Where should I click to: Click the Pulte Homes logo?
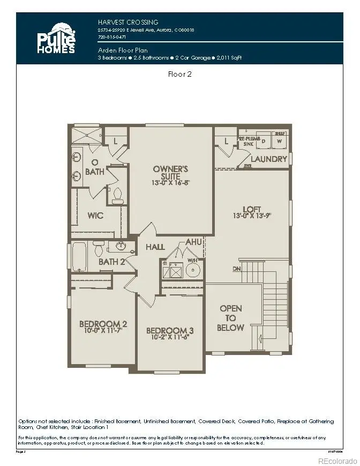[x=56, y=37]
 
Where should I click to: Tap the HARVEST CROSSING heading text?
[x=128, y=22]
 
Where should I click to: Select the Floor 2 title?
[x=180, y=74]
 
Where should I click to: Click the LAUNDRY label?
[x=268, y=159]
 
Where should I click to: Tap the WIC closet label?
[x=95, y=215]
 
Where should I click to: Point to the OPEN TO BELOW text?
[x=231, y=318]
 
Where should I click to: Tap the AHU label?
[x=193, y=242]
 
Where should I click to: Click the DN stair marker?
[x=236, y=268]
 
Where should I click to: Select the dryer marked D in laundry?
[x=263, y=140]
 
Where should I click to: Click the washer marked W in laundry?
[x=278, y=140]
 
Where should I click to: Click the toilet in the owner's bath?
[x=118, y=195]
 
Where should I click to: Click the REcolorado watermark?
[x=336, y=460]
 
